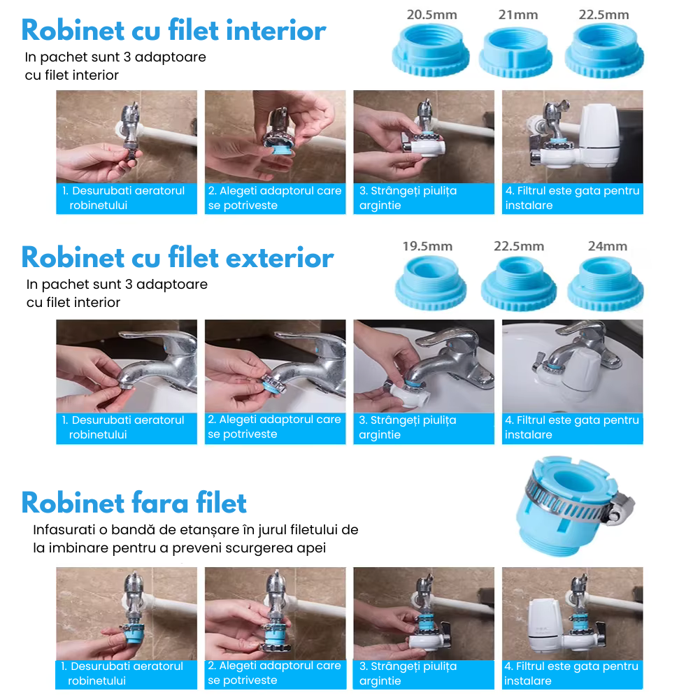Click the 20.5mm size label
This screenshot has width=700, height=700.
pos(431,15)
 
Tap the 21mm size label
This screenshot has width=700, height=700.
pos(518,15)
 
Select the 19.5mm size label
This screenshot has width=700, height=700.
pos(427,246)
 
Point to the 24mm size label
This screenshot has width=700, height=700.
pos(607,246)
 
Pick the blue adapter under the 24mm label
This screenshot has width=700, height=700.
pos(606,284)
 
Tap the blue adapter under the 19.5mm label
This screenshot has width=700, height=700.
pos(430,284)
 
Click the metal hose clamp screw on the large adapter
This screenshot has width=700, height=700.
pos(618,510)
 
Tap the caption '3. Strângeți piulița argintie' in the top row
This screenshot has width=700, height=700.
pos(408,198)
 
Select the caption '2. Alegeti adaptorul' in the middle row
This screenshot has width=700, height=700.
pos(274,427)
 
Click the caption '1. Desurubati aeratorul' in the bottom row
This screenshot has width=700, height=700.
pos(122,673)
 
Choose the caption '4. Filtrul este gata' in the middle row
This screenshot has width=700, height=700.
pos(572,427)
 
